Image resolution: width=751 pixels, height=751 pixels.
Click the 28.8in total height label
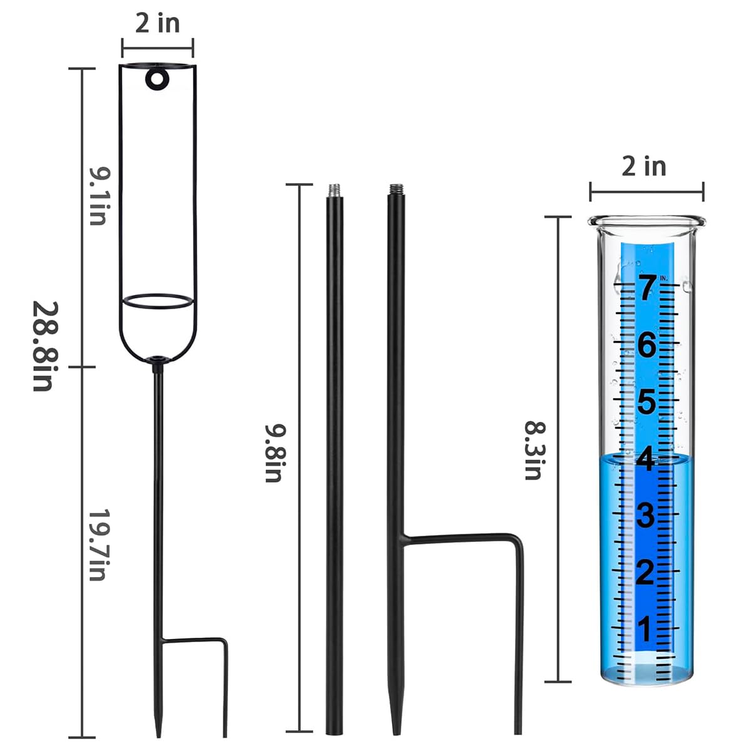tap(46, 345)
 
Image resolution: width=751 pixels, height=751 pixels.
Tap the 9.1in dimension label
tap(98, 196)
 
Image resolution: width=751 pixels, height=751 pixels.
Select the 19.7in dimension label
tap(98, 545)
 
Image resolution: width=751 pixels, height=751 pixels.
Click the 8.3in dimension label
tap(533, 450)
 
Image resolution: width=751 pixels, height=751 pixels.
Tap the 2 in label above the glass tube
tap(644, 166)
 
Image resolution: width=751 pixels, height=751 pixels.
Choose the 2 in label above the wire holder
tap(158, 23)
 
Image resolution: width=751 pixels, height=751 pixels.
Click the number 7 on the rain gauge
tap(646, 287)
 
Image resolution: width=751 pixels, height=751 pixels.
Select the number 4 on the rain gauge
tap(646, 459)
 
